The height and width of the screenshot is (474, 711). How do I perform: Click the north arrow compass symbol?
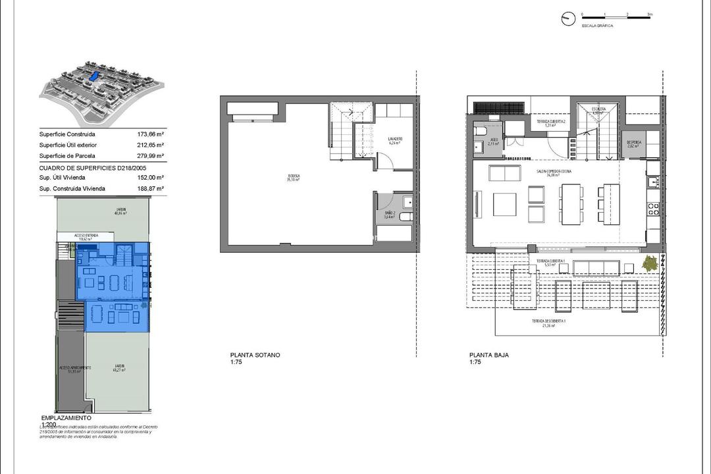point(567,19)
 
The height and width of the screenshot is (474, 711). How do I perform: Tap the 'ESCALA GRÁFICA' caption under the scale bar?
point(597,26)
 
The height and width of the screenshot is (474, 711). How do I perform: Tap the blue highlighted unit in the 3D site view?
point(94,77)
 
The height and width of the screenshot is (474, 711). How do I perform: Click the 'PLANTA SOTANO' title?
point(255,355)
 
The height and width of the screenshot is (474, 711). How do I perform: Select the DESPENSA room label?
point(634,142)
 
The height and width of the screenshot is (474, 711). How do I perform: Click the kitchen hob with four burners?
point(653,210)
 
